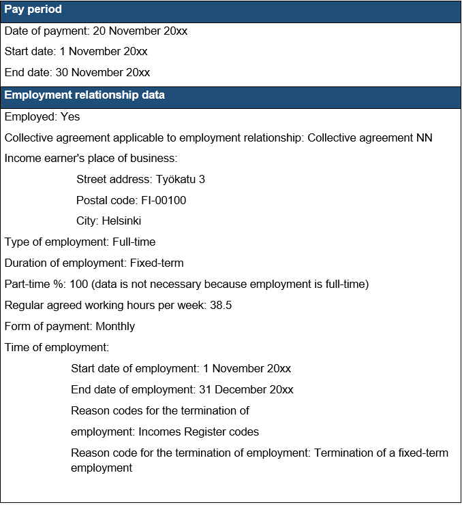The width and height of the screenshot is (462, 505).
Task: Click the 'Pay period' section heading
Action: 33,10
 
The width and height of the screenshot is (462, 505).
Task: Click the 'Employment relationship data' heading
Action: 84,95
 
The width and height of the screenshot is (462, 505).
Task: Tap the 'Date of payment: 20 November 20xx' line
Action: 96,31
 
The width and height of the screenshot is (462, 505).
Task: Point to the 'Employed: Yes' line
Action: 42,117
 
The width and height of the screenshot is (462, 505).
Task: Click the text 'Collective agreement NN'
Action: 370,138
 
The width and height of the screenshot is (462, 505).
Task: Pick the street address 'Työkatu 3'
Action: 181,180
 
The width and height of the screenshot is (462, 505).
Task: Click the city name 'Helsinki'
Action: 122,221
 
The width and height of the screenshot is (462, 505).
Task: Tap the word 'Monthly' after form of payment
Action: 115,327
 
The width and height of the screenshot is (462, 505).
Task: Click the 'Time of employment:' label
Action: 57,348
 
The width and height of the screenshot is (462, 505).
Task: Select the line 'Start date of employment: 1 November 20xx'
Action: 181,369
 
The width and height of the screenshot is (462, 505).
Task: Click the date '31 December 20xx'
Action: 246,390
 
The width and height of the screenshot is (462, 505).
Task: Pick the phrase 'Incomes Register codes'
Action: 198,432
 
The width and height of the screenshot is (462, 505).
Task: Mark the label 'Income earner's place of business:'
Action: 91,159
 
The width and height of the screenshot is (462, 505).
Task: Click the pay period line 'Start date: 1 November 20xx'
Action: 76,52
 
